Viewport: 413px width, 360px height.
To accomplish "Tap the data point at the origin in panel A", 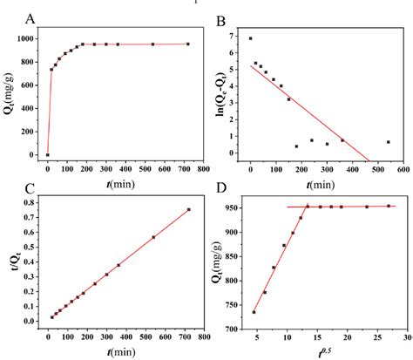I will click(x=47, y=155).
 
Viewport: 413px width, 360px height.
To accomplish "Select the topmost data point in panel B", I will click(x=250, y=38).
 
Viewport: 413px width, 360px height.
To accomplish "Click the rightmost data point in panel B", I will click(x=388, y=142).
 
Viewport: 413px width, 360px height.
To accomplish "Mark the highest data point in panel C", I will click(x=188, y=209).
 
